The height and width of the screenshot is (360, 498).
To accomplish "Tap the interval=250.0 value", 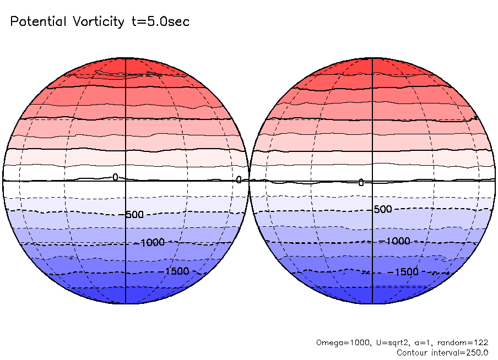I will [x=464, y=352].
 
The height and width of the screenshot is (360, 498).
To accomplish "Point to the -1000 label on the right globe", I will [x=396, y=241].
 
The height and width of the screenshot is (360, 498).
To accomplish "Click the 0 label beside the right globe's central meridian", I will [x=361, y=182].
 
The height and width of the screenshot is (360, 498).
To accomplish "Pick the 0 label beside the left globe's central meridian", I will [x=115, y=177].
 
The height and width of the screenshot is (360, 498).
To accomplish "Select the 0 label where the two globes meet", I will [x=239, y=179].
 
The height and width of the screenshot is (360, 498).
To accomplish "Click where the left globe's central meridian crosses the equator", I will [x=126, y=180].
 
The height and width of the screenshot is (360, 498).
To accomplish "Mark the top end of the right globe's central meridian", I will [x=373, y=58].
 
